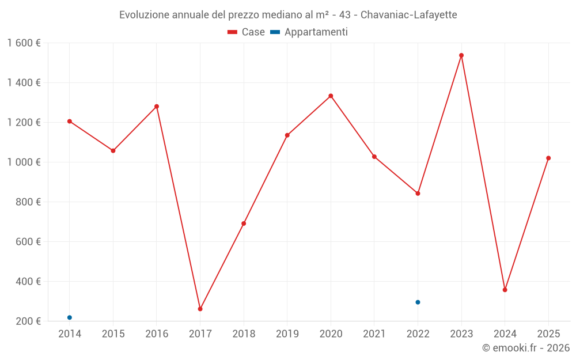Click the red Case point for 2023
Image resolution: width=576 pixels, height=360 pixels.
[461, 55]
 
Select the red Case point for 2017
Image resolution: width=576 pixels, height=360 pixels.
[200, 309]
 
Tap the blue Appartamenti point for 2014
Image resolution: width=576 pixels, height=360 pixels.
[70, 317]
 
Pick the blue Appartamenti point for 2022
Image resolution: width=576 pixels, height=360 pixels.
[418, 302]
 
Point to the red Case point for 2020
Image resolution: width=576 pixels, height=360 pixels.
[331, 96]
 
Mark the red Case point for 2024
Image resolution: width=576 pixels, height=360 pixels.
[505, 290]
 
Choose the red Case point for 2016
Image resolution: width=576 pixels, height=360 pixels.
[157, 107]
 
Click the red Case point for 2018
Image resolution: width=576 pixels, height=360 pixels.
[244, 223]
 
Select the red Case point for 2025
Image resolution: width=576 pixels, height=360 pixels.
[548, 158]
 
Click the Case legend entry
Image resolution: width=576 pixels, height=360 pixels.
[247, 32]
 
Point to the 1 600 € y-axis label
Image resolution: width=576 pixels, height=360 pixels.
[24, 43]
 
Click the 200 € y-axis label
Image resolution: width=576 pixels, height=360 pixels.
[28, 321]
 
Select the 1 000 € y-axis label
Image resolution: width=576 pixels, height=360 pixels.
[24, 162]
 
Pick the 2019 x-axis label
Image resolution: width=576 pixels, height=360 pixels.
[287, 334]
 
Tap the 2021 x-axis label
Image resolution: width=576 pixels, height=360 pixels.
[374, 334]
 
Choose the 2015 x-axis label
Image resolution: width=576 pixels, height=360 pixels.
[113, 334]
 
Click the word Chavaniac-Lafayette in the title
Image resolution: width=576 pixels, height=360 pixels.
[408, 15]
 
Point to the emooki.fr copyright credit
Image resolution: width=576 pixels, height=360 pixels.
[526, 348]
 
